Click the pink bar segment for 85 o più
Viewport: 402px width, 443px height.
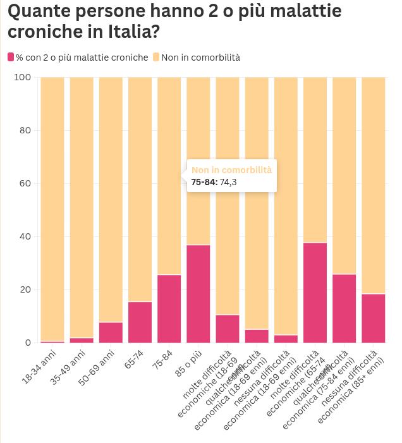(x=198, y=294)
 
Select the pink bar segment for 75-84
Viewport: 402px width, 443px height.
(x=169, y=309)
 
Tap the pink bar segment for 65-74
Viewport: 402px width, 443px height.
(x=140, y=322)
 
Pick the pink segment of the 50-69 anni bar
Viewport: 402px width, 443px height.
(x=111, y=332)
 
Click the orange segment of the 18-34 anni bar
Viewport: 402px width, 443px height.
(x=52, y=209)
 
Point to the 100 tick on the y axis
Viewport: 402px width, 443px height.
(x=23, y=77)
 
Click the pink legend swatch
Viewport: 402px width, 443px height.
(x=11, y=58)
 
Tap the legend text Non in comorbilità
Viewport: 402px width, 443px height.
(x=200, y=58)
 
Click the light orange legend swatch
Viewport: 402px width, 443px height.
(x=156, y=58)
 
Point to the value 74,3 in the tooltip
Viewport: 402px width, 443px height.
(x=228, y=182)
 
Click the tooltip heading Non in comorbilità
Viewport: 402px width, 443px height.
(x=231, y=170)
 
